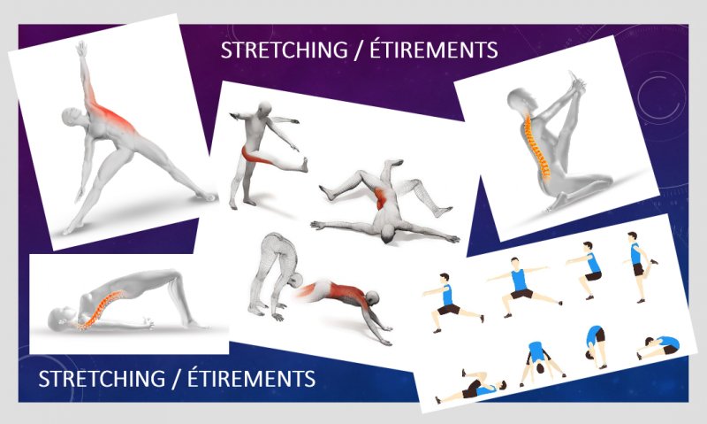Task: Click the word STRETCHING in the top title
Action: [x=284, y=50]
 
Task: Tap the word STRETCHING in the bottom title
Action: [x=102, y=378]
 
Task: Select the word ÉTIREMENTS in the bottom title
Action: [x=251, y=377]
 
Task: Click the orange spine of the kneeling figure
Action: [x=536, y=147]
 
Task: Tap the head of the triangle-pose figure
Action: [x=72, y=118]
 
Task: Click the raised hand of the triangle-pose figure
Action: [x=81, y=48]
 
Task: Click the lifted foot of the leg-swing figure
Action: [x=305, y=165]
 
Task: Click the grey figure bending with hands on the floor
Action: [x=274, y=275]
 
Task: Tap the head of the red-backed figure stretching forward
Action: [x=372, y=298]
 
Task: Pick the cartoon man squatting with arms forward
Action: [x=586, y=270]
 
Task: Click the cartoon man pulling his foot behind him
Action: [x=639, y=266]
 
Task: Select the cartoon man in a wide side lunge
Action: [x=523, y=287]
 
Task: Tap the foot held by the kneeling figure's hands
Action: [x=576, y=81]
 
